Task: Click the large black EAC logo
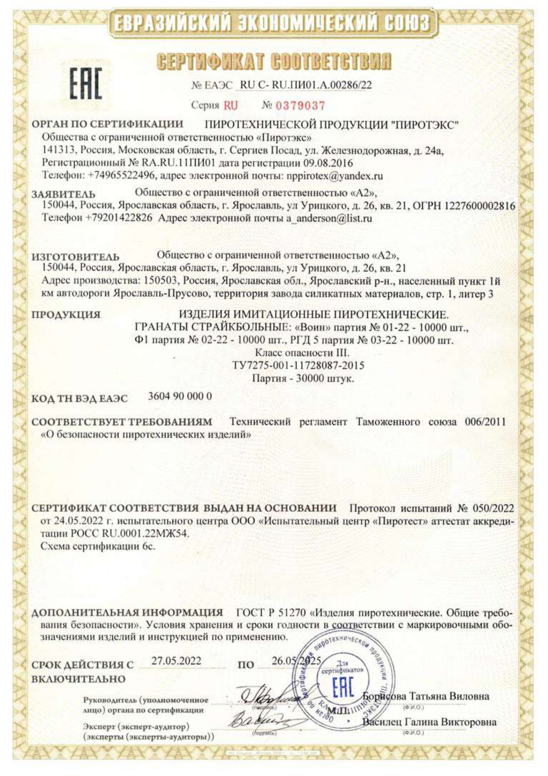[x=85, y=83]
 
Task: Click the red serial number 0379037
[x=300, y=106]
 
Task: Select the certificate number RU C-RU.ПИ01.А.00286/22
[x=305, y=85]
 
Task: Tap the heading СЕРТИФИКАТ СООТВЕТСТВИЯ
[x=274, y=61]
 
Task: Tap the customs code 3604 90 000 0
[x=179, y=396]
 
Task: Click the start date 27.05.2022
[x=176, y=661]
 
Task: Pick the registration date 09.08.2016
[x=328, y=163]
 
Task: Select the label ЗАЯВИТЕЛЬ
[x=63, y=194]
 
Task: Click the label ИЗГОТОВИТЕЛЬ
[x=75, y=257]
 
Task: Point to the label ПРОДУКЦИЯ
[x=66, y=315]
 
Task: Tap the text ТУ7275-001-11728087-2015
[x=298, y=366]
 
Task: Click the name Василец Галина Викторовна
[x=429, y=722]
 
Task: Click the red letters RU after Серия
[x=230, y=106]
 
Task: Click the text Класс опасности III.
[x=302, y=353]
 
